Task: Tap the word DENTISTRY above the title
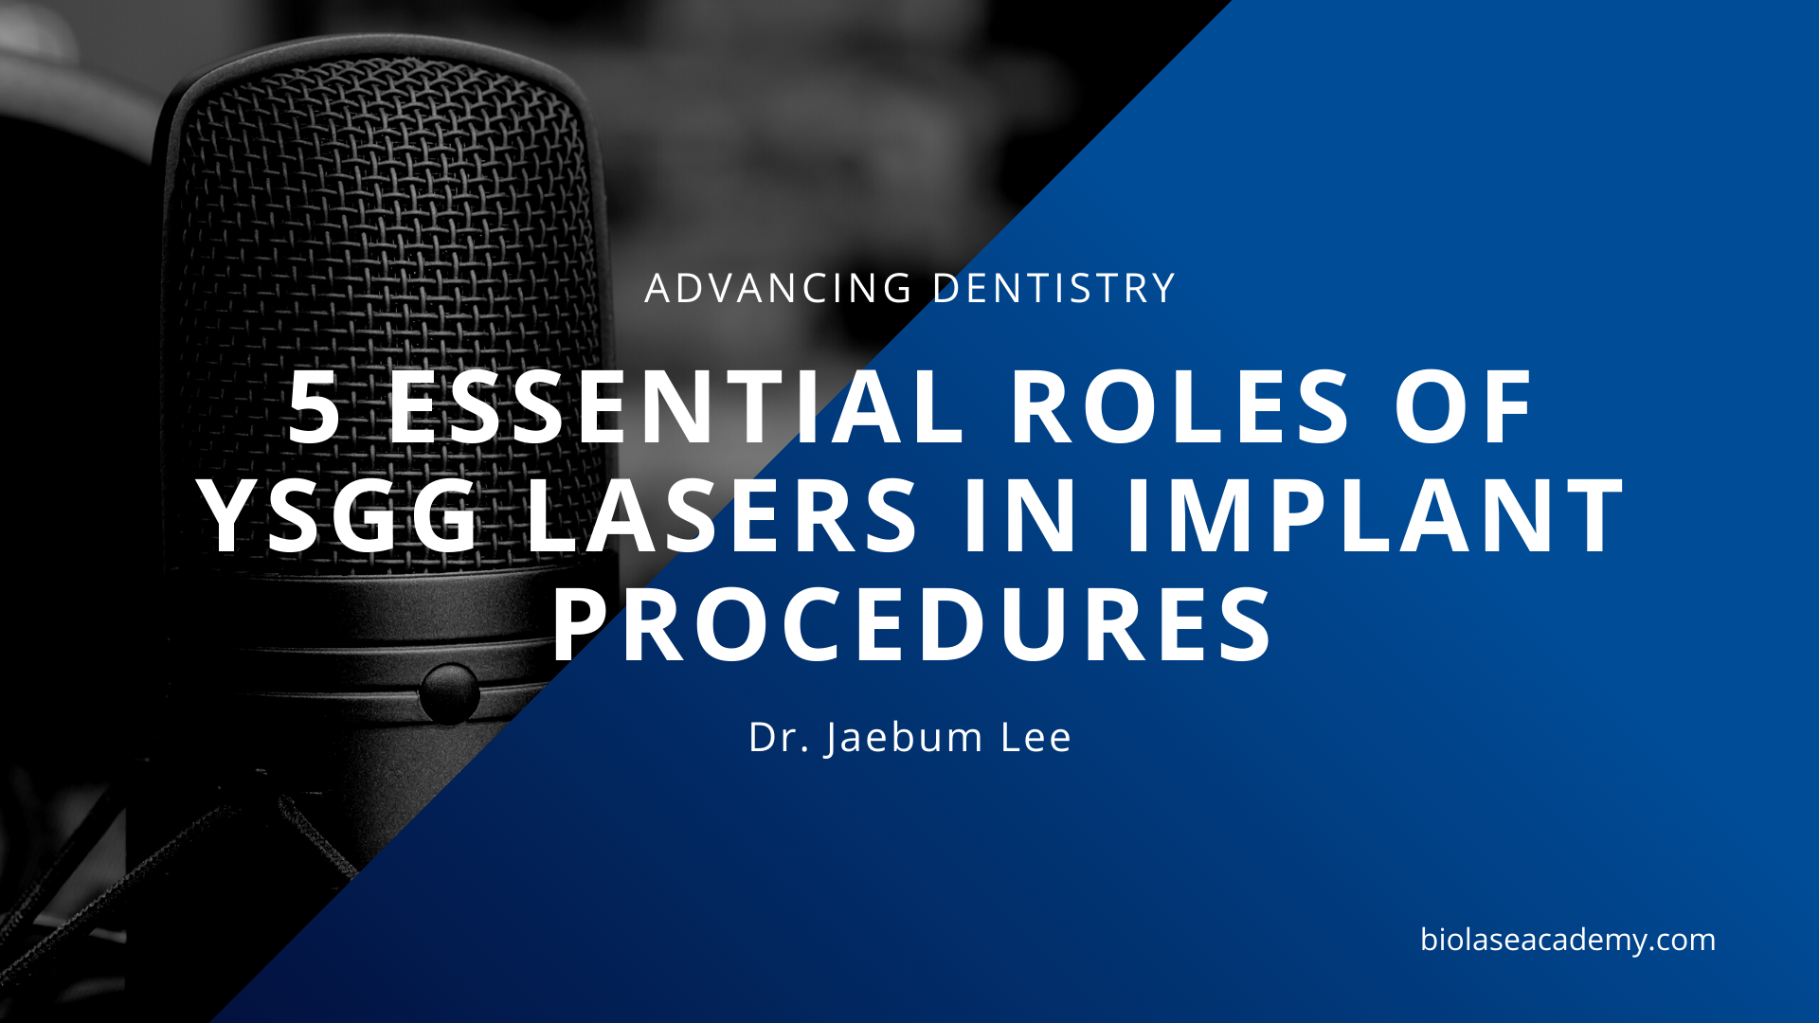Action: click(x=1054, y=289)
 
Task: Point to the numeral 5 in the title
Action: click(x=315, y=407)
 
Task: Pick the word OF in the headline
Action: click(x=1464, y=407)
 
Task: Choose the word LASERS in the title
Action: click(x=723, y=516)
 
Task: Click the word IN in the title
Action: click(x=1021, y=516)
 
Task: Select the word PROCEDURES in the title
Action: click(x=912, y=626)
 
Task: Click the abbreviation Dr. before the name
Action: click(x=778, y=738)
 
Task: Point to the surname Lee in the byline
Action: click(x=1036, y=738)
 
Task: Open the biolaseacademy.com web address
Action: click(x=1568, y=940)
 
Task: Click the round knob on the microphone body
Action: click(x=449, y=693)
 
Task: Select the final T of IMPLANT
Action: click(x=1594, y=516)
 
